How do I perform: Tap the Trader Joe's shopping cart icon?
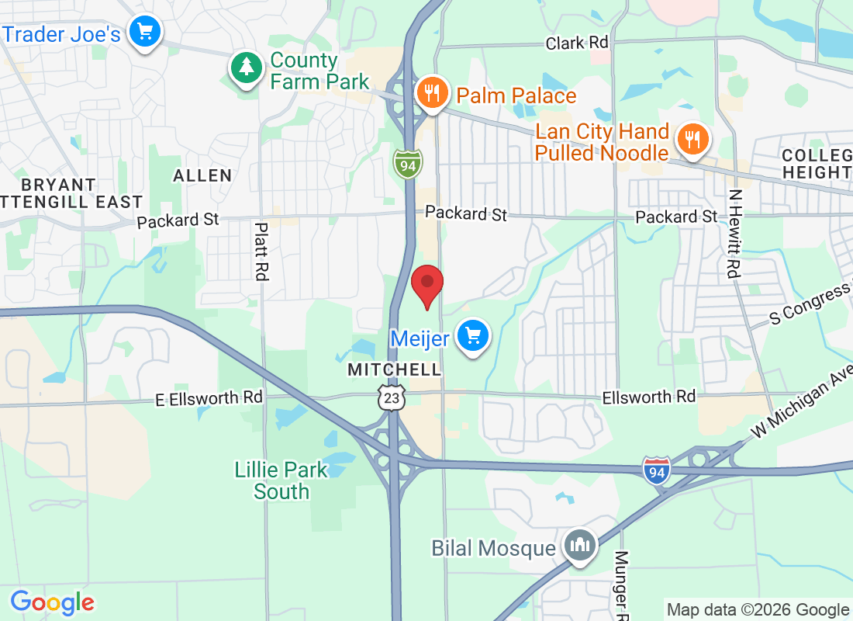coord(145,33)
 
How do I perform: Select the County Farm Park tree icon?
coord(247,68)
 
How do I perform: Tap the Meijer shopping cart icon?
coord(472,338)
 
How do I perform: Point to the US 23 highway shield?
coord(392,397)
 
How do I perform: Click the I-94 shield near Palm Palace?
coord(407,164)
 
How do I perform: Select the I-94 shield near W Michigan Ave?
coord(656,471)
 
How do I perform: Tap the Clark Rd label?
coord(577,43)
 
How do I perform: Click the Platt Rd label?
coord(261,252)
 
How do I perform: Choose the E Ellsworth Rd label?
coord(209,398)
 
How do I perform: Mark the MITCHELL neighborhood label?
coord(395,369)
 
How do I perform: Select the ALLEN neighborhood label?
coord(202,175)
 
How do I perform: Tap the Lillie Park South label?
coord(281,480)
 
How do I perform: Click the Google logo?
coord(53,602)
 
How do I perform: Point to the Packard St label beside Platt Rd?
coord(178,220)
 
